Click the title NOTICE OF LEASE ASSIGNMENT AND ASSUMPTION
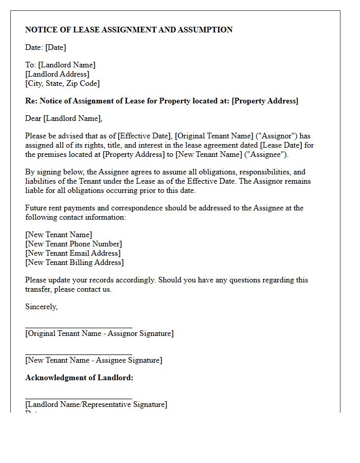pos(129,30)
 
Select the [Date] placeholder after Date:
pos(56,47)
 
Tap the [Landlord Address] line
pos(57,74)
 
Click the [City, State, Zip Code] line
pos(62,83)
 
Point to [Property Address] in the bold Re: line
pos(265,101)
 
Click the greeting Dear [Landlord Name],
pos(64,118)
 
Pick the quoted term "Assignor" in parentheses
pos(278,136)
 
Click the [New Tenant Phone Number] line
pos(74,244)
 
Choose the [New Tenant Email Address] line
pos(73,253)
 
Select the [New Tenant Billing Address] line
pos(75,262)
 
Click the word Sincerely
pos(41,307)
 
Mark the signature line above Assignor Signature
pos(78,327)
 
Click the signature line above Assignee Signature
pos(78,354)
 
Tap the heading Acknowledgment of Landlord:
pos(79,378)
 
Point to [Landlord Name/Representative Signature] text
pos(96,404)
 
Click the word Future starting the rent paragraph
pos(37,208)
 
